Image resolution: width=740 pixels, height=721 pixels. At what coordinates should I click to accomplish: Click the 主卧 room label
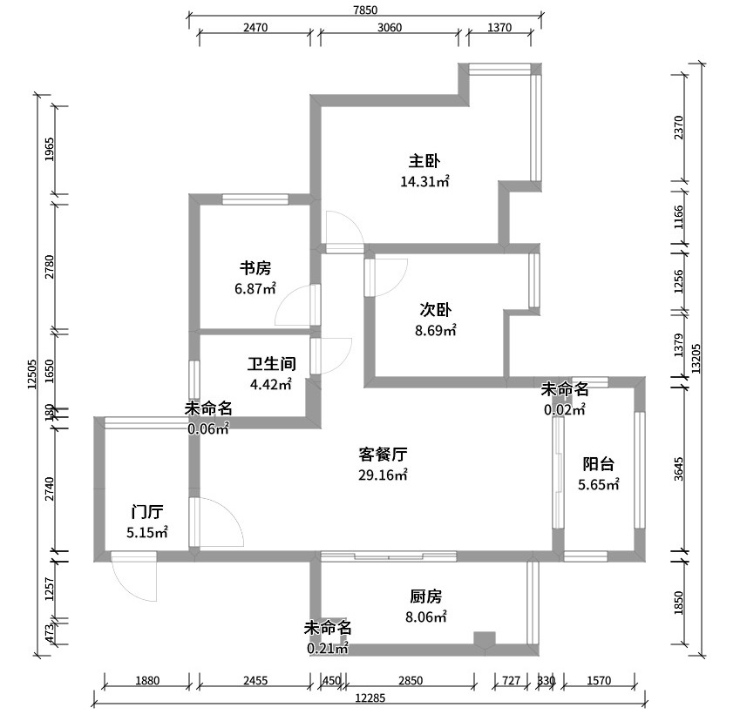(x=424, y=161)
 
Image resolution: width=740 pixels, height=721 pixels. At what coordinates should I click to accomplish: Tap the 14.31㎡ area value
(x=424, y=181)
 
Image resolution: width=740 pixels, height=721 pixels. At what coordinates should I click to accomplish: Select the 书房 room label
(x=255, y=268)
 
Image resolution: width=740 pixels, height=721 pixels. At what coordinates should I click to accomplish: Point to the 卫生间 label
(x=272, y=364)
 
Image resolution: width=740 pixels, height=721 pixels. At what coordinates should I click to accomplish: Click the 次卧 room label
(x=436, y=310)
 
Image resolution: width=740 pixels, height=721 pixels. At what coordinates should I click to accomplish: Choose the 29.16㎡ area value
(x=383, y=475)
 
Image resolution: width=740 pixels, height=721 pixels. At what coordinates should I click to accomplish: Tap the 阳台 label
(x=599, y=464)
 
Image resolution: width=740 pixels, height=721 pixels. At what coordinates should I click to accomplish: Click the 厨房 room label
(x=425, y=596)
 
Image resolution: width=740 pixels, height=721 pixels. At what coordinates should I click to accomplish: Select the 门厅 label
(x=147, y=512)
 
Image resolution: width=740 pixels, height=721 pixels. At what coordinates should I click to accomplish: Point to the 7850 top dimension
(x=365, y=10)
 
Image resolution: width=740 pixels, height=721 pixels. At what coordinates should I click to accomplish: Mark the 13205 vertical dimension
(x=696, y=359)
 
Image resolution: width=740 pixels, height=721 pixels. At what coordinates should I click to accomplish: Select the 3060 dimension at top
(x=390, y=28)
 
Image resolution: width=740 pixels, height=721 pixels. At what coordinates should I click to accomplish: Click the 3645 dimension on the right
(x=679, y=468)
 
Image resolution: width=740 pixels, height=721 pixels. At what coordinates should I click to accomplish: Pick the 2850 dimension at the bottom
(x=411, y=680)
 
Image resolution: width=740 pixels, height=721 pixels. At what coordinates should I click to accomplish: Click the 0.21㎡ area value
(x=328, y=649)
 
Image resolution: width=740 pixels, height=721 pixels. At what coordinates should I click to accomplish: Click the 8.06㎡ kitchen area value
(x=425, y=617)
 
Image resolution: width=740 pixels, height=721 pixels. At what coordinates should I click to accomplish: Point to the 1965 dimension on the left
(x=50, y=150)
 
